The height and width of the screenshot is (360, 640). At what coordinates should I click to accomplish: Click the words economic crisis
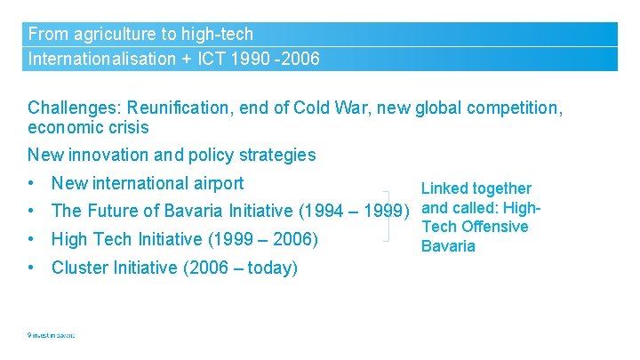tap(88, 127)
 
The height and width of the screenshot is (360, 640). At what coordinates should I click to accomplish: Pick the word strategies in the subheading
tap(274, 155)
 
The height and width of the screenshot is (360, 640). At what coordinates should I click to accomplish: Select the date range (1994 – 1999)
tap(354, 211)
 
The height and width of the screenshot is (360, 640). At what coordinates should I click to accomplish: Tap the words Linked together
tap(476, 188)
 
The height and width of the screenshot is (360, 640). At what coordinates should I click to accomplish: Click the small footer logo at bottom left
tap(51, 335)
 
